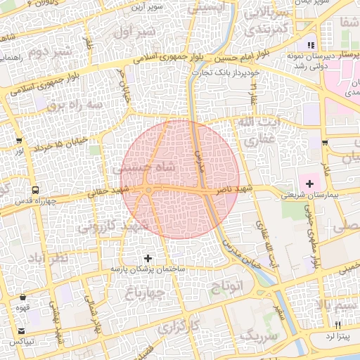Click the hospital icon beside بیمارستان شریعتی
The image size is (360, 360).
point(310,183)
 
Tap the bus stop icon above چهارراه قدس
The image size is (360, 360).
point(35,190)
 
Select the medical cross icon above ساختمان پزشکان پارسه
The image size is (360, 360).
point(148,259)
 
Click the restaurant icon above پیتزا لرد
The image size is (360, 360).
point(337,324)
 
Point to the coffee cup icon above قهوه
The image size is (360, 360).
point(24,296)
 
